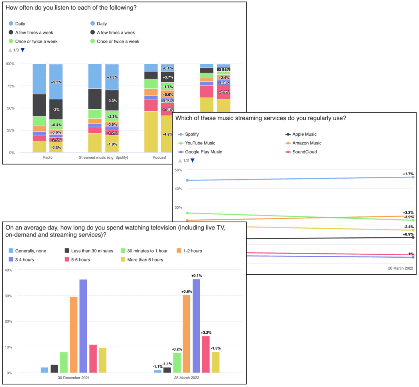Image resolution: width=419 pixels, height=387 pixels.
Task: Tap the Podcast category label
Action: tap(160, 157)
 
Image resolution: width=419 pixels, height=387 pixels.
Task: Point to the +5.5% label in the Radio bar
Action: tap(56, 82)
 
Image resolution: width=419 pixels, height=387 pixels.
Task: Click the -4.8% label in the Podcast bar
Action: tap(167, 134)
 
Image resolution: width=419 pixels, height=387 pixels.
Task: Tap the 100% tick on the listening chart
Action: tap(9, 64)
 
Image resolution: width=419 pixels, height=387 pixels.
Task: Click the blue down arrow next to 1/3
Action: tap(23, 50)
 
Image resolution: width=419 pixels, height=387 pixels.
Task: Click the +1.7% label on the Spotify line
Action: tap(408, 174)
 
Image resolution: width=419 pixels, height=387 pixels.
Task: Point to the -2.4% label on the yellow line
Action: tap(408, 227)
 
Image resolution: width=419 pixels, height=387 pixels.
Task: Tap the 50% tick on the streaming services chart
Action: tap(178, 170)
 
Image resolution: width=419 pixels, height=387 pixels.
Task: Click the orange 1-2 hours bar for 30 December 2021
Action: tap(74, 335)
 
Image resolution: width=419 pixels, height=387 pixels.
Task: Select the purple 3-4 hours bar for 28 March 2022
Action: tap(196, 326)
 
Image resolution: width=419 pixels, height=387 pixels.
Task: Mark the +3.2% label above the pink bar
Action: tap(206, 333)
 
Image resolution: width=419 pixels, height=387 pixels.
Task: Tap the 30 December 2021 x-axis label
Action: tap(74, 378)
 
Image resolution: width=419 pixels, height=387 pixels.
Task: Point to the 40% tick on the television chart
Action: tap(8, 270)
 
